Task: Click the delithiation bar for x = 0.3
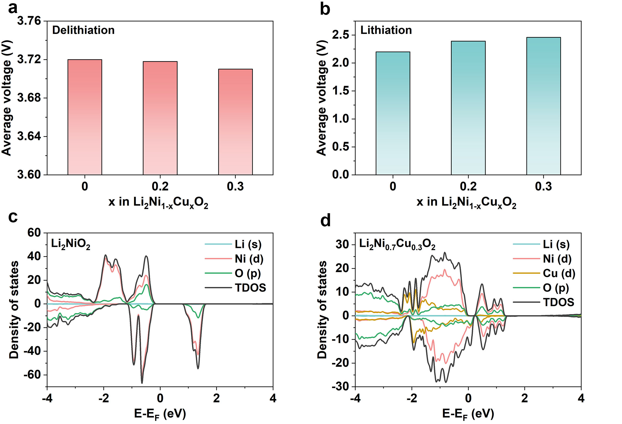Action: click(235, 122)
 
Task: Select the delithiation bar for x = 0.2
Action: click(160, 118)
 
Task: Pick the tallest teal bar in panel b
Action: click(543, 106)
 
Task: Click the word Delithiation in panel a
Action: click(83, 30)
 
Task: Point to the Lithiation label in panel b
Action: click(386, 30)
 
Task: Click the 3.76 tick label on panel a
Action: click(29, 21)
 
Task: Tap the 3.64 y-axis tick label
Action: click(29, 136)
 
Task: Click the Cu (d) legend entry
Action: click(559, 273)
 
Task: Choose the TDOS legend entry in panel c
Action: click(250, 288)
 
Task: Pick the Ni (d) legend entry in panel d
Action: click(557, 259)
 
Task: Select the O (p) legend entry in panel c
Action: click(247, 273)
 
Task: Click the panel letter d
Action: click(325, 220)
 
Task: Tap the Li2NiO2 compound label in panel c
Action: click(71, 244)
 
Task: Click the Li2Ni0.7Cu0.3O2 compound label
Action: click(397, 244)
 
